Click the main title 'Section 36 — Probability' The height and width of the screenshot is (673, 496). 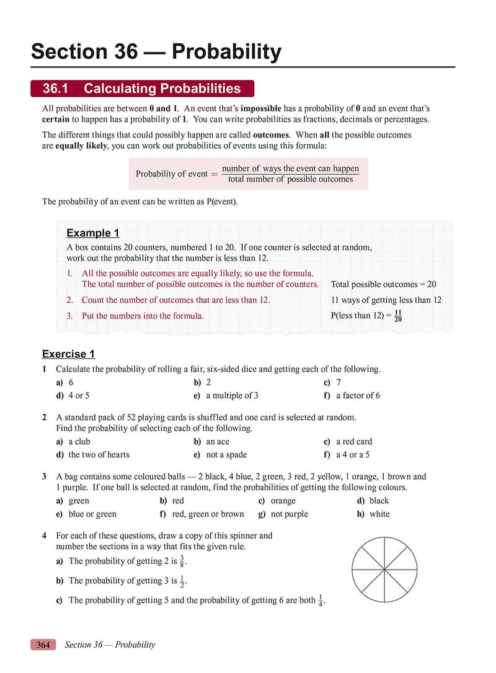pos(156,51)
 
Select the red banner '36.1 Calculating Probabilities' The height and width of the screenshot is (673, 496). pos(142,89)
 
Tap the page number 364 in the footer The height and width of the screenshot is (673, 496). pos(43,645)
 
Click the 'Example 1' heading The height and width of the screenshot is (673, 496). pos(92,233)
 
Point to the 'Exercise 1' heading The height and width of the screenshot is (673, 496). pos(68,354)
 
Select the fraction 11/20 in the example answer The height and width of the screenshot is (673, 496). pos(398,316)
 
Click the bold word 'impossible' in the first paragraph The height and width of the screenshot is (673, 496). pos(261,108)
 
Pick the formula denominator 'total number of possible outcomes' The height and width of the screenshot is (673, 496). pos(290,180)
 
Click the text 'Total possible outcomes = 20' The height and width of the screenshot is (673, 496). pos(383,284)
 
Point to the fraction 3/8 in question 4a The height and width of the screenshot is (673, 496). pos(182,561)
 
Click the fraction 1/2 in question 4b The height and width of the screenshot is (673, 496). pos(182,581)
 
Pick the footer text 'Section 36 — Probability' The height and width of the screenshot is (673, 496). pos(110,645)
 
